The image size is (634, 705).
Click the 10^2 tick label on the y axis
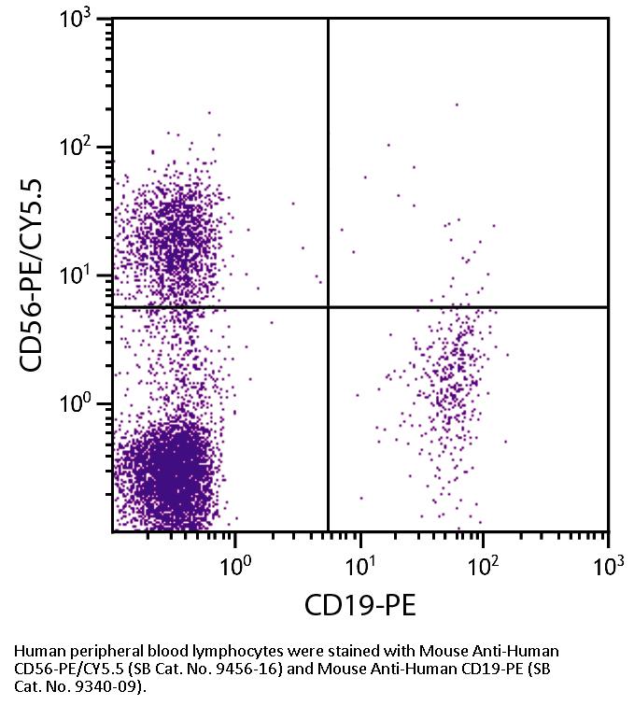pyautogui.click(x=81, y=148)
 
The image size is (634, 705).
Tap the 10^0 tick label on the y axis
pyautogui.click(x=81, y=404)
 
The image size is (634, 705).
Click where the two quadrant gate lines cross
pyautogui.click(x=329, y=307)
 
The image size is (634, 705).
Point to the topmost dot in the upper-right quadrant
pyautogui.click(x=457, y=105)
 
